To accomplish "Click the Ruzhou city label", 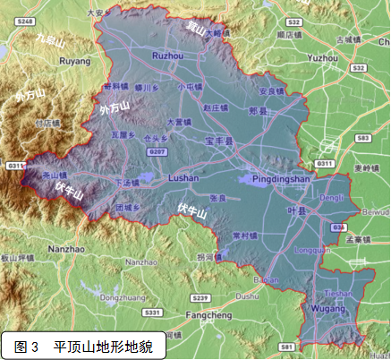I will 168,56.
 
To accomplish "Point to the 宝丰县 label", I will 218,141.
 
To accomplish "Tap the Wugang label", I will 327,308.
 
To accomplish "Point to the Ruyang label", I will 74,62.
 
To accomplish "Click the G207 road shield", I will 158,153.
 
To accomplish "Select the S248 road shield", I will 24,20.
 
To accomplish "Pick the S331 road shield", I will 153,313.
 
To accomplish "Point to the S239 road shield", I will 200,297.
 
